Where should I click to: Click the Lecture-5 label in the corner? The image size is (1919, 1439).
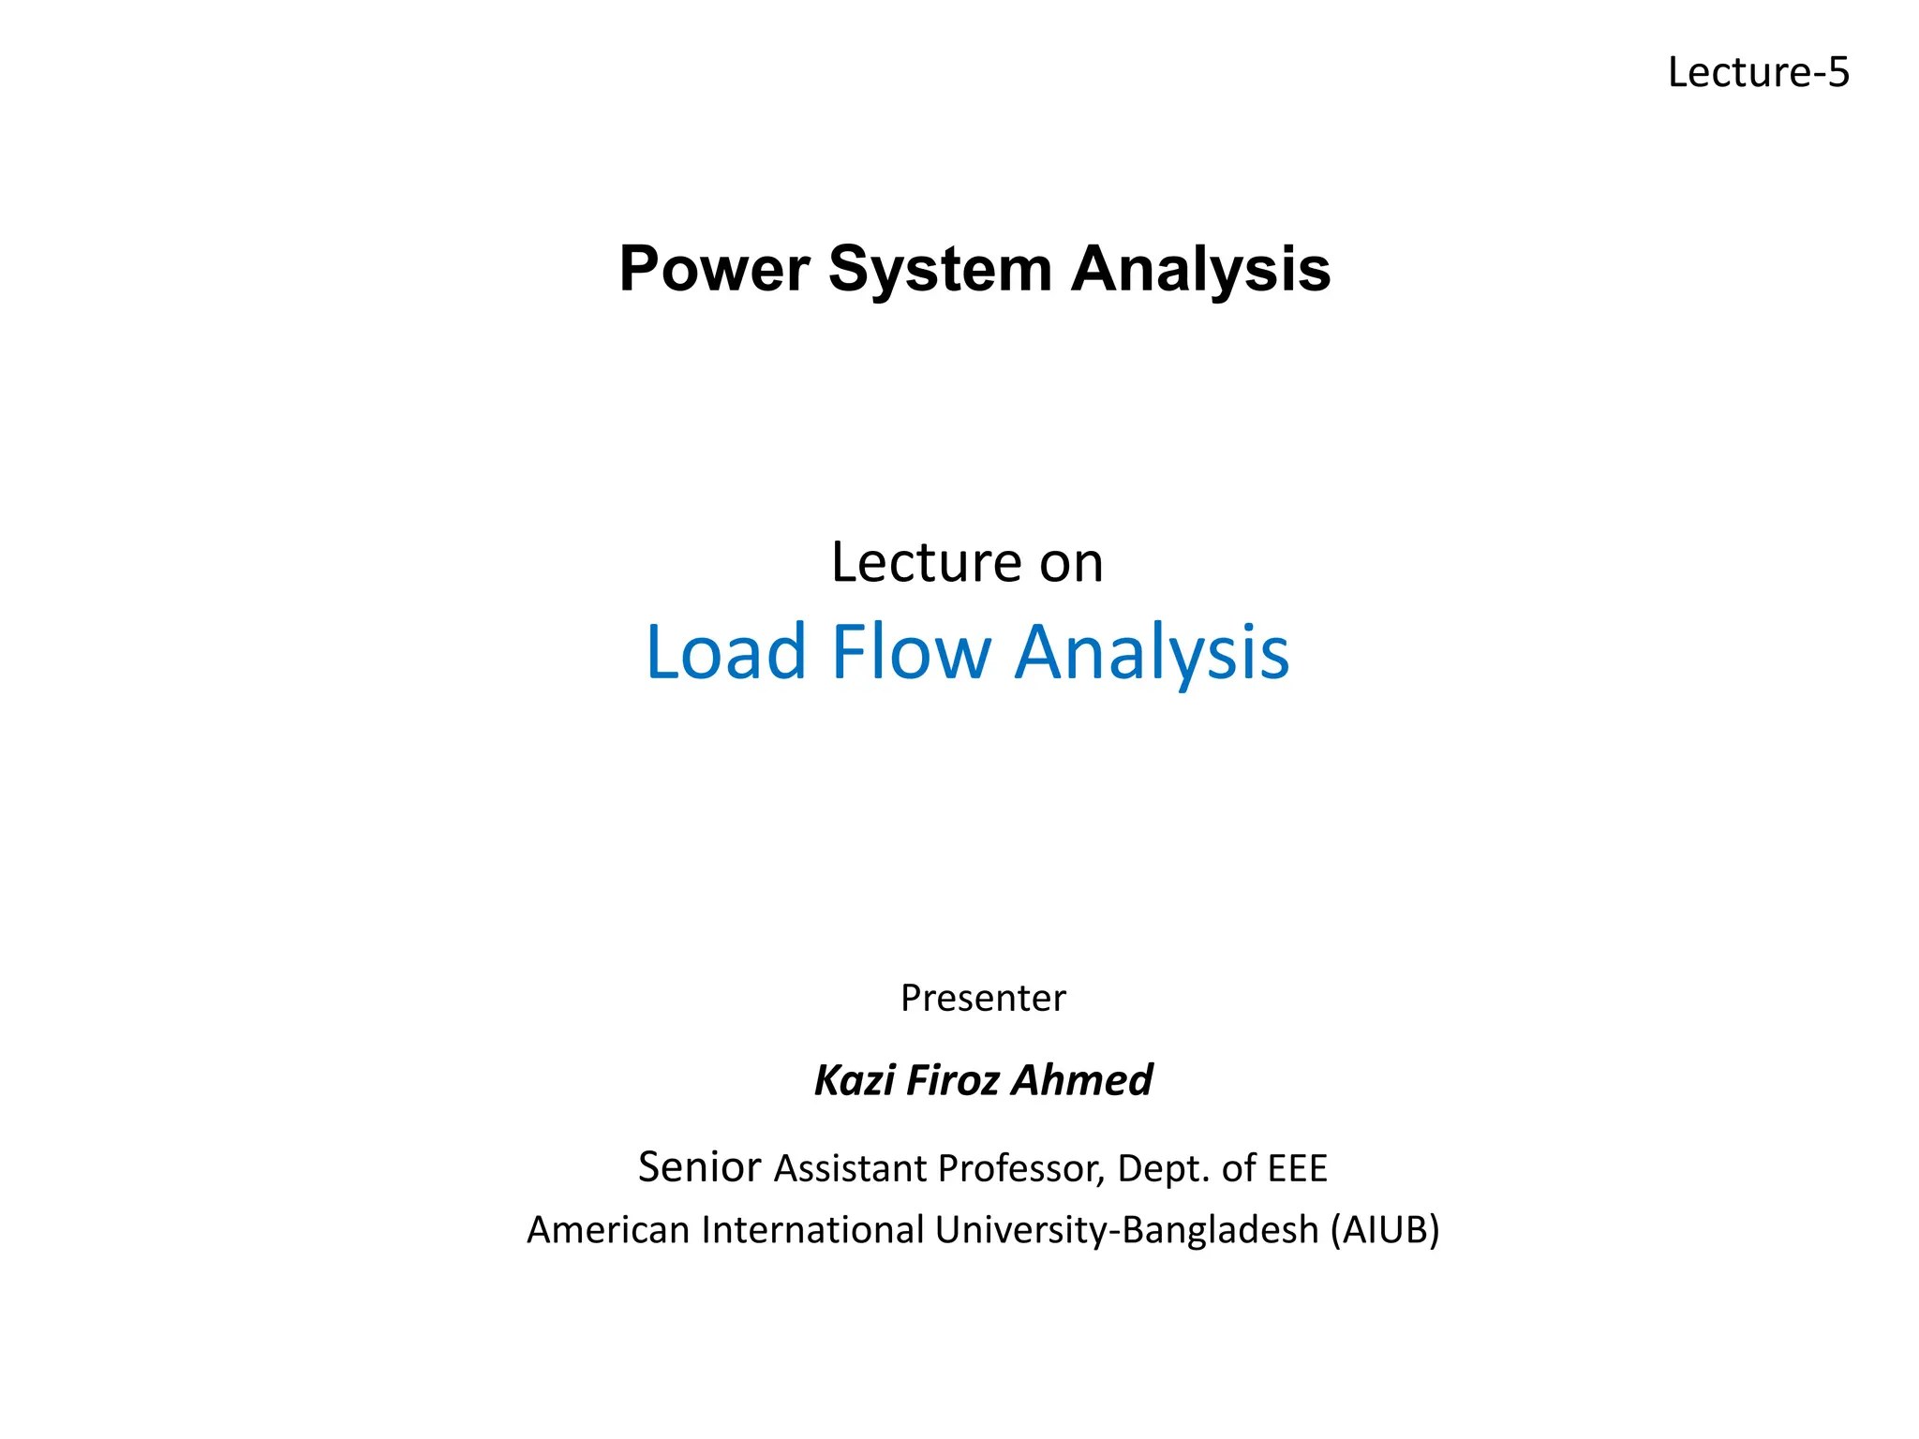pos(1758,73)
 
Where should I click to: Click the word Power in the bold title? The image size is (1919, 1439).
pos(714,270)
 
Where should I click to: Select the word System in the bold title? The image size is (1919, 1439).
pos(940,270)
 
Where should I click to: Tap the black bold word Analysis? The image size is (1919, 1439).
pos(1200,270)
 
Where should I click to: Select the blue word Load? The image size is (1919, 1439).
pos(726,651)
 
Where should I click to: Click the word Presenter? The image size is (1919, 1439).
pos(983,999)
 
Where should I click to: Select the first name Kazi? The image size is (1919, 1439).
pos(854,1080)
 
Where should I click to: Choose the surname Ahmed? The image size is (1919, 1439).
pos(1083,1080)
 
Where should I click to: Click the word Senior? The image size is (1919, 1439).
pos(699,1167)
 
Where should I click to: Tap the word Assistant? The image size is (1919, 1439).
pos(850,1169)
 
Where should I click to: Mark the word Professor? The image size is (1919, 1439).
pos(1021,1169)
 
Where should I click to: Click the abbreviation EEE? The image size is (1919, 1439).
pos(1298,1169)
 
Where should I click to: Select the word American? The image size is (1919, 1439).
pos(608,1230)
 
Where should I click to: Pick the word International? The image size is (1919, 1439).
pos(813,1230)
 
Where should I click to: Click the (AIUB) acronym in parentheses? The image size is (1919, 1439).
pos(1385,1230)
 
